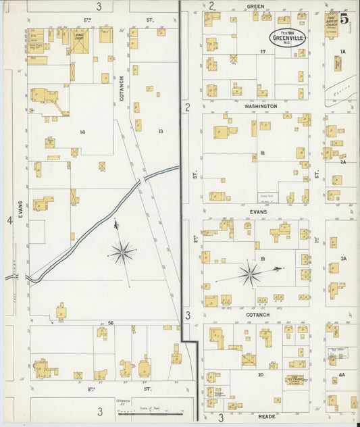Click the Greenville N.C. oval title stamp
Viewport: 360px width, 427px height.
pos(287,37)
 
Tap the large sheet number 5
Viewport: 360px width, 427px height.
pos(344,20)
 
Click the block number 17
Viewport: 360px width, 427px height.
pos(261,52)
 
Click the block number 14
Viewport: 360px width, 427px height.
pos(82,132)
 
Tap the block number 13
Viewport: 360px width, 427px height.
pos(161,131)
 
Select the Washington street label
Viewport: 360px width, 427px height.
pos(261,107)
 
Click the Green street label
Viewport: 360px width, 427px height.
pos(255,6)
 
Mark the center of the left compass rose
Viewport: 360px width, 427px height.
pos(122,253)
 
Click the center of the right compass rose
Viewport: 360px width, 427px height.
pos(250,274)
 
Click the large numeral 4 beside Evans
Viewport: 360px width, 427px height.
pos(9,220)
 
